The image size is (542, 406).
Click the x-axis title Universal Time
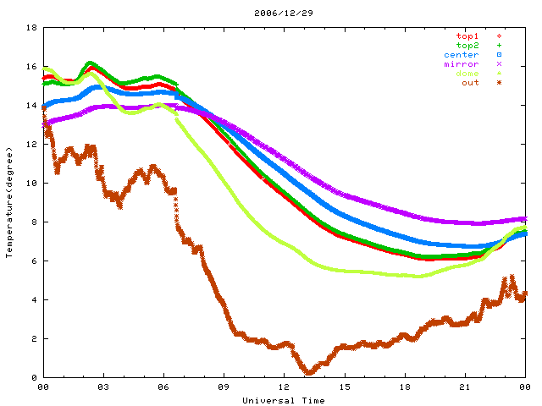(x=284, y=400)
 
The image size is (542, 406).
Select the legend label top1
(x=467, y=36)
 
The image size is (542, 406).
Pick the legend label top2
(x=467, y=46)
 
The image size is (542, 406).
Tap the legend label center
(x=461, y=55)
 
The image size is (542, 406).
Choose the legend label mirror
(x=461, y=64)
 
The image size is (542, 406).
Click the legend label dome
(x=467, y=74)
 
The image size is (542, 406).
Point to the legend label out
(x=470, y=83)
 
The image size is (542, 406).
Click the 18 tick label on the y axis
(x=30, y=28)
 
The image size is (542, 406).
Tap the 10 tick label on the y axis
(x=30, y=184)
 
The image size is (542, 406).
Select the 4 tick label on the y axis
(x=33, y=300)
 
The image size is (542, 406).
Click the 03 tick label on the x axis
(x=103, y=387)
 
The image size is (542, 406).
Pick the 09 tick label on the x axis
(x=224, y=387)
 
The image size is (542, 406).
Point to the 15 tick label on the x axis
(x=345, y=387)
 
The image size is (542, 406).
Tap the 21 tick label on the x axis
(x=465, y=387)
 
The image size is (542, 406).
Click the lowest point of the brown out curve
(x=309, y=372)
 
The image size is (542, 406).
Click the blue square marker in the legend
(x=500, y=55)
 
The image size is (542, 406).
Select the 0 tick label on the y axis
(x=33, y=378)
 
